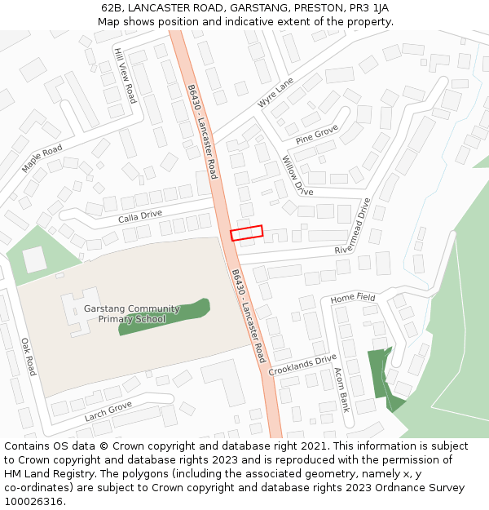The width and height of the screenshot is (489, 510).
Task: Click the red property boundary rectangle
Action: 247,233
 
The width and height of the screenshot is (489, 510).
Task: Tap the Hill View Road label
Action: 125,74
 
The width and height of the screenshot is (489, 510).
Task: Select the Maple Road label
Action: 42,158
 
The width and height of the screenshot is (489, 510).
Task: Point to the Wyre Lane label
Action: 275,94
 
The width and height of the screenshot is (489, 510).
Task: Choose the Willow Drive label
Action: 297,175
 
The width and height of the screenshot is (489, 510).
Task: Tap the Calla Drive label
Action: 139,216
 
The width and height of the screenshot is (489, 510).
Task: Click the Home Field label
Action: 353,299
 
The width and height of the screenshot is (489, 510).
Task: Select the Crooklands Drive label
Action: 302,365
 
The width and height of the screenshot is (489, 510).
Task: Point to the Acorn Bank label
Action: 341,389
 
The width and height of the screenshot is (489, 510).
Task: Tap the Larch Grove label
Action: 108,411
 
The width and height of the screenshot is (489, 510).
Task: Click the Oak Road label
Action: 29,357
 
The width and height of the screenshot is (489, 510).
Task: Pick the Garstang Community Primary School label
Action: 131,314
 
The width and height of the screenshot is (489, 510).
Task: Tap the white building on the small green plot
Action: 35,259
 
